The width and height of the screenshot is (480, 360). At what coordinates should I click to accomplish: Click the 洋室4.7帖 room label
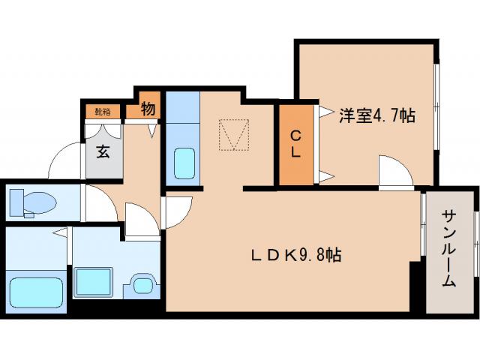click(x=377, y=115)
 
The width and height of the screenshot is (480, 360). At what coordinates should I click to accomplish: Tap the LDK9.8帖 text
click(x=296, y=256)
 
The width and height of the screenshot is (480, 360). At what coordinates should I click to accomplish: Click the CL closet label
click(x=295, y=144)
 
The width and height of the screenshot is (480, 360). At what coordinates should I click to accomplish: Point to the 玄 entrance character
click(x=103, y=150)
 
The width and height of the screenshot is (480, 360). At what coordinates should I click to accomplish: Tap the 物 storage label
click(x=148, y=109)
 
